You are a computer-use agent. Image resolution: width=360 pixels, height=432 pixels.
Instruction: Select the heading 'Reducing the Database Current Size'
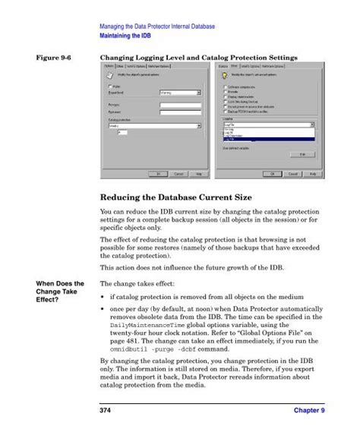click(181, 197)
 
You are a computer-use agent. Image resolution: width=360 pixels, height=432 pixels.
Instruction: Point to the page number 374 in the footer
click(108, 411)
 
